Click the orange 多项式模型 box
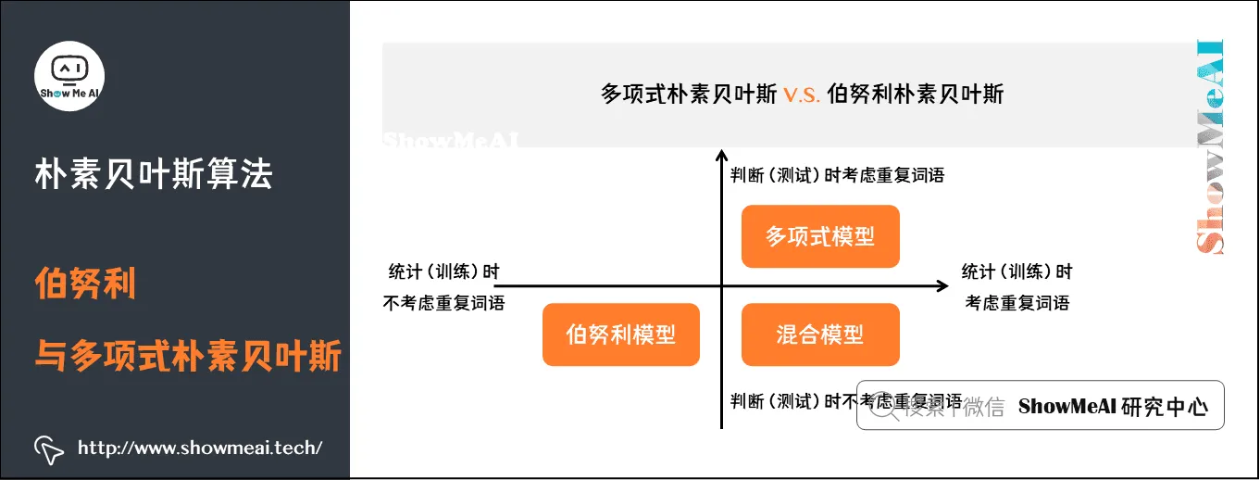pos(820,236)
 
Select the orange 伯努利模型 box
pos(620,334)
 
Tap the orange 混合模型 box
pos(820,334)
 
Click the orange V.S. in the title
pos(802,95)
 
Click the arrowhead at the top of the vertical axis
pos(721,155)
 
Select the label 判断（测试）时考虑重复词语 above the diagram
pos(837,174)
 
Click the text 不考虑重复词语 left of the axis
pos(443,303)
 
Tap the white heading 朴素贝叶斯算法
pos(154,173)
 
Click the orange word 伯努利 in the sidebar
pos(85,284)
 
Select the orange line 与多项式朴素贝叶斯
pos(188,355)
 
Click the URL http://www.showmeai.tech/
pos(200,448)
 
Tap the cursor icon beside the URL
pos(48,449)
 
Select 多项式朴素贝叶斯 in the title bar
pos(689,95)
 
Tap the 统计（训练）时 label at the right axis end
pos(1017,272)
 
